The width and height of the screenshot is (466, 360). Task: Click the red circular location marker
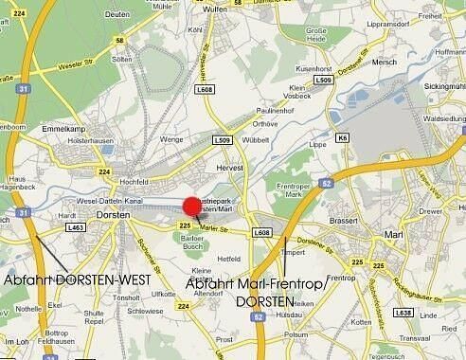tap(193, 207)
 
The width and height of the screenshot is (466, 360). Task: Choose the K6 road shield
tap(343, 137)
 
